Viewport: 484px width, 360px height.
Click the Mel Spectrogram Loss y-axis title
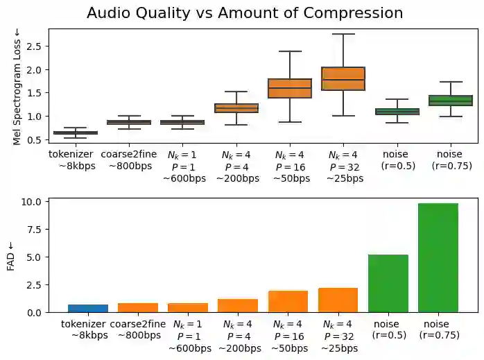(x=17, y=85)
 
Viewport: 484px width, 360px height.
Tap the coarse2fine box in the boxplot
(x=129, y=122)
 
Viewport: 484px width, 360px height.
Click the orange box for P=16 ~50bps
(x=290, y=88)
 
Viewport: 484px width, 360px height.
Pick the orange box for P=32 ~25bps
(x=343, y=78)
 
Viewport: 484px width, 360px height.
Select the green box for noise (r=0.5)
(x=397, y=111)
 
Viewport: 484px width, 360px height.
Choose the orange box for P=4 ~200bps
(x=236, y=108)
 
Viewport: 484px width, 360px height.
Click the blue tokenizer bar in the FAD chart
(x=88, y=308)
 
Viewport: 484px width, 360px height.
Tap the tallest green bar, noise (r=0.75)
(x=438, y=257)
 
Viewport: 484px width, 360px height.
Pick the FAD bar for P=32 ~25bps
(x=338, y=300)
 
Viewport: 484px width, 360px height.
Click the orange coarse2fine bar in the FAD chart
(x=138, y=307)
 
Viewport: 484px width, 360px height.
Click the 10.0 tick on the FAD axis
(x=33, y=202)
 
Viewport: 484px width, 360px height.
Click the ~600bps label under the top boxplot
(x=184, y=178)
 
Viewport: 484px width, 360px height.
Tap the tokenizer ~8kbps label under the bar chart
(x=83, y=329)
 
